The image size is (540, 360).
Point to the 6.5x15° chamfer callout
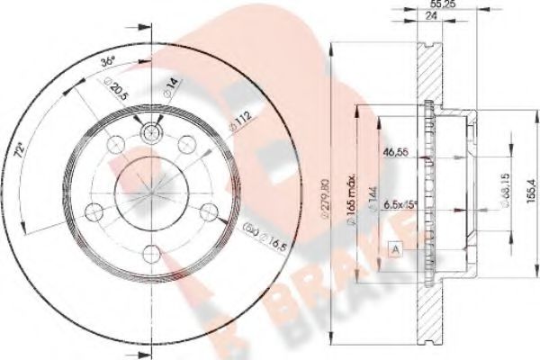coord(400,205)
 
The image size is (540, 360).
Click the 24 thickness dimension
coord(418,22)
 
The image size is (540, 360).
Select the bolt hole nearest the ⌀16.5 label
coord(208,212)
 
